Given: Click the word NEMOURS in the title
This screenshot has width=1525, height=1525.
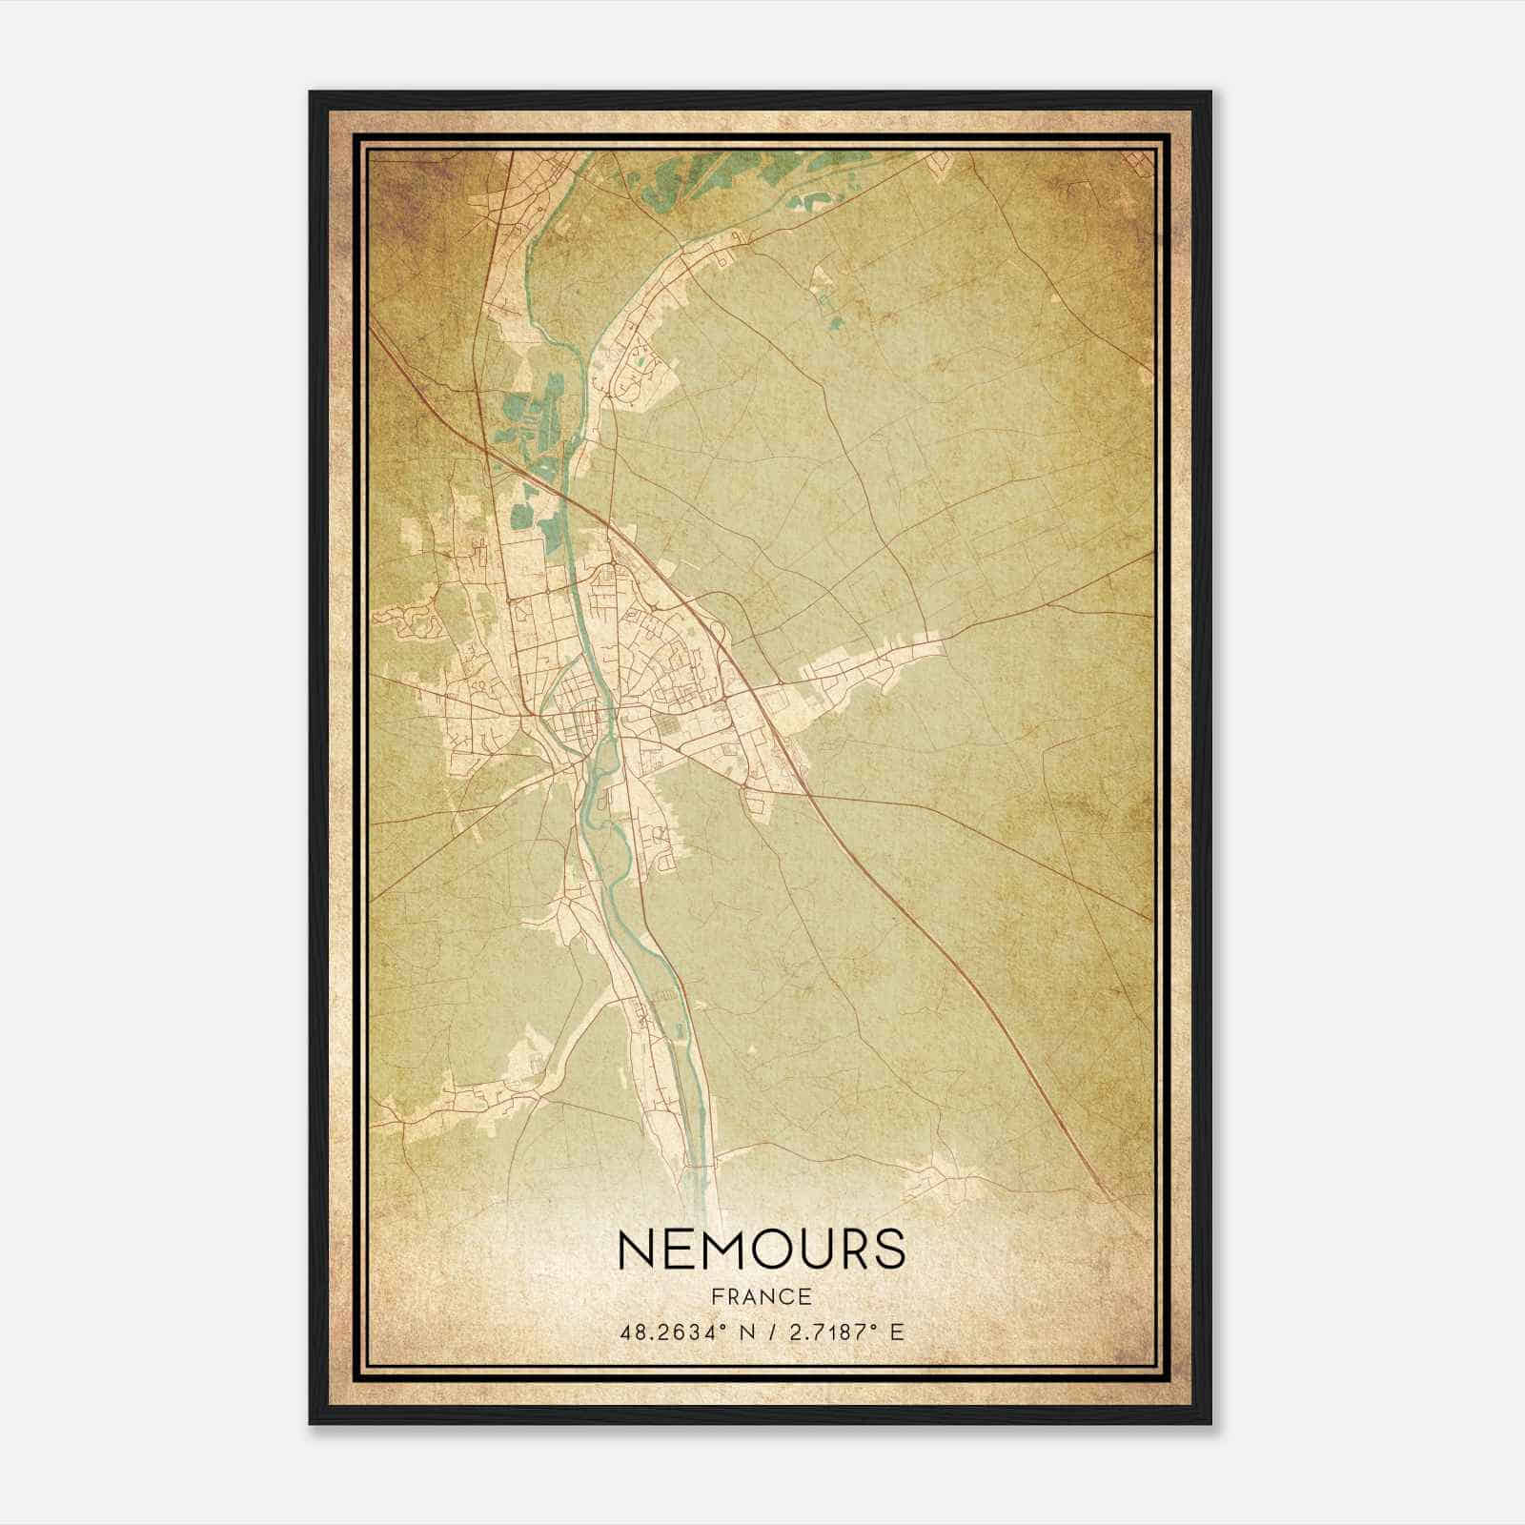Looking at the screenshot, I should pyautogui.click(x=761, y=1249).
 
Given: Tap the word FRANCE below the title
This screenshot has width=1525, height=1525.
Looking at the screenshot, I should pyautogui.click(x=761, y=1297).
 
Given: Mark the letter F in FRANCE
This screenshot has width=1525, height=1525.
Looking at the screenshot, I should pyautogui.click(x=718, y=1297).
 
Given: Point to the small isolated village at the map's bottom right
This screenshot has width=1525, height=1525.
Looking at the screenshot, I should pyautogui.click(x=939, y=1182).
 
